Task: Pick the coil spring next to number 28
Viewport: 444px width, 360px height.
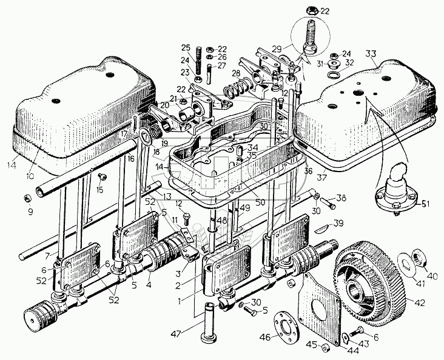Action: [x=232, y=92]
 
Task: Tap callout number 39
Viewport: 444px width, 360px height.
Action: [x=355, y=222]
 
